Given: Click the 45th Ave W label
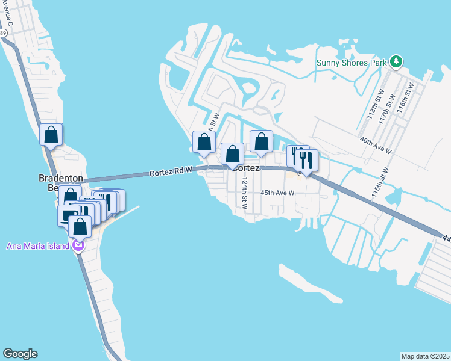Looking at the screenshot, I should coord(277,193).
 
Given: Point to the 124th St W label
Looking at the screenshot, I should coord(245,193).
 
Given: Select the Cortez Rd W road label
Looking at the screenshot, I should coord(171,173).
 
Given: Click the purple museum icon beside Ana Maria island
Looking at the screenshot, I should coord(77,245).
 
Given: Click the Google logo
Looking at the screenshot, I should coord(20,354).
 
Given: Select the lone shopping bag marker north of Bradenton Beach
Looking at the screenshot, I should coord(51,135).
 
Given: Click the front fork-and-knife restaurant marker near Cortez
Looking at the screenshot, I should coord(307,161).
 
